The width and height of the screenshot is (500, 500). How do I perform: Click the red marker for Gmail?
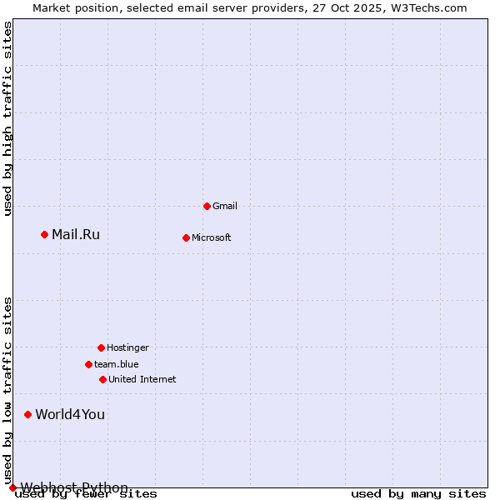pyautogui.click(x=207, y=206)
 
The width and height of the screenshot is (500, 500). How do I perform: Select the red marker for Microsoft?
pyautogui.click(x=186, y=237)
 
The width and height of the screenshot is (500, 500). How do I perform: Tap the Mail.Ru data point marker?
pyautogui.click(x=44, y=234)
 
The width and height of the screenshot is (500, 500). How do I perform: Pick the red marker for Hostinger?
pyautogui.click(x=101, y=347)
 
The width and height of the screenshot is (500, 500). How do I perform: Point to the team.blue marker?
pyautogui.click(x=88, y=364)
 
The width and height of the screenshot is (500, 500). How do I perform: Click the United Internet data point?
pyautogui.click(x=102, y=379)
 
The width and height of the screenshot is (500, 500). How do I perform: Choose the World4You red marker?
pyautogui.click(x=27, y=414)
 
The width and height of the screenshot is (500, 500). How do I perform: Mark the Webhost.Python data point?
pyautogui.click(x=12, y=487)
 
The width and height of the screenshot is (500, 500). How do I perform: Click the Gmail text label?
pyautogui.click(x=225, y=206)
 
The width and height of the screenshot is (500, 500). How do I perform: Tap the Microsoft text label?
pyautogui.click(x=212, y=237)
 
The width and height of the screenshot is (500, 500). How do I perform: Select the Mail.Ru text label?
pyautogui.click(x=76, y=234)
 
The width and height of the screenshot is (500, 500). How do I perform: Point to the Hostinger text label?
pyautogui.click(x=127, y=347)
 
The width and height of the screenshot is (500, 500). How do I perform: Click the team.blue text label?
pyautogui.click(x=117, y=364)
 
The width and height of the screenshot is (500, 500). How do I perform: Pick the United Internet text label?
pyautogui.click(x=142, y=379)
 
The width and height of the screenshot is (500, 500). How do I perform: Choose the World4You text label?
pyautogui.click(x=70, y=414)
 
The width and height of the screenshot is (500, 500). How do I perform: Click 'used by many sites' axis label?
pyautogui.click(x=418, y=494)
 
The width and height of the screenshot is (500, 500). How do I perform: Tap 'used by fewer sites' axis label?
pyautogui.click(x=87, y=494)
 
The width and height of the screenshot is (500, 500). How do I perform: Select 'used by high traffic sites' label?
pyautogui.click(x=8, y=118)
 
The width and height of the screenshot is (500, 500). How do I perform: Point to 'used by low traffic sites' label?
pyautogui.click(x=8, y=391)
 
